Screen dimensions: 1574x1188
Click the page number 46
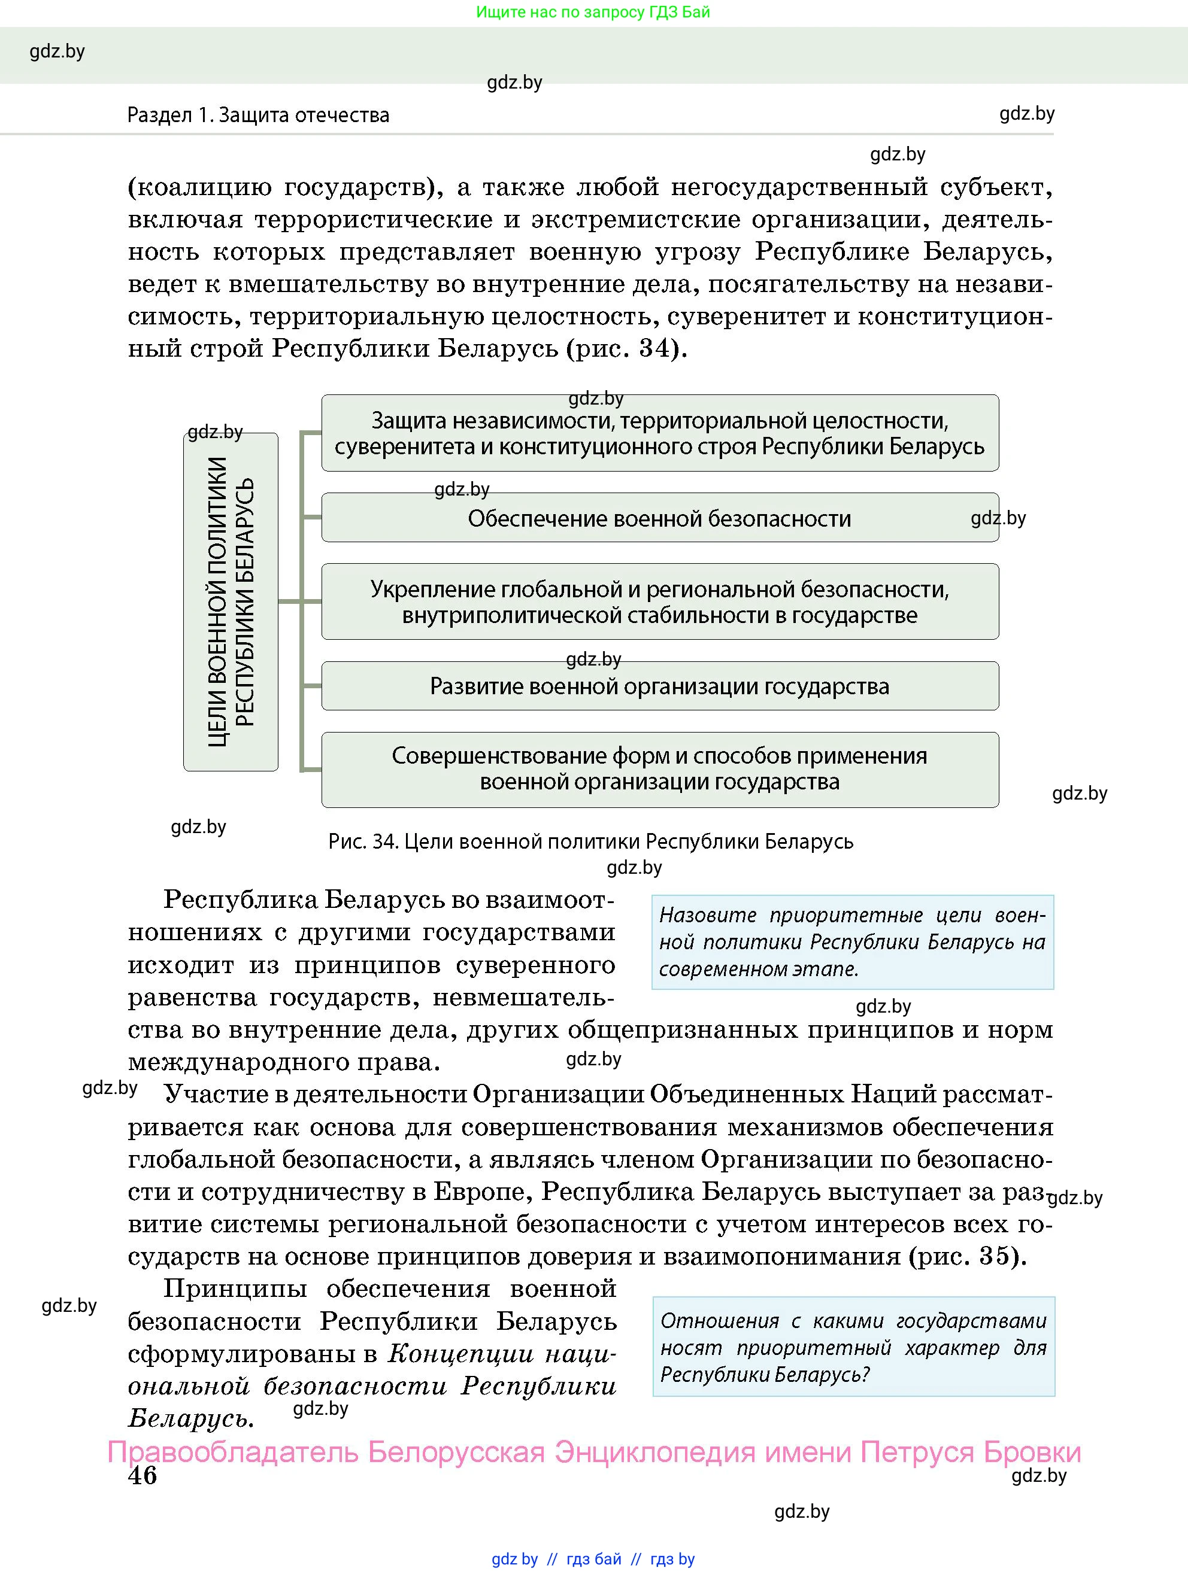point(143,1476)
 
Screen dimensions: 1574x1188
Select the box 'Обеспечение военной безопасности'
point(659,518)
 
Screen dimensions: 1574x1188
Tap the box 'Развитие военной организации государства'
point(659,686)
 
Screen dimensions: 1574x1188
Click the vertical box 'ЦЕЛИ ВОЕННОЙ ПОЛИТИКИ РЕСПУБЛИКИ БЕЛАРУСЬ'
point(231,602)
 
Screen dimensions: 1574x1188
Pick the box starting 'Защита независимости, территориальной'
point(659,433)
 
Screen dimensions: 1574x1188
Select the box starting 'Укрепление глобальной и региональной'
point(659,602)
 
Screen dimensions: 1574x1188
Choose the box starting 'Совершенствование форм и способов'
point(659,769)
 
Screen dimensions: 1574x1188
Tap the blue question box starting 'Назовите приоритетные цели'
point(852,942)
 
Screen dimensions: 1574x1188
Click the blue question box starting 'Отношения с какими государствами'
point(853,1348)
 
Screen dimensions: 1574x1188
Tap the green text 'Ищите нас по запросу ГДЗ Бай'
point(593,12)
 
